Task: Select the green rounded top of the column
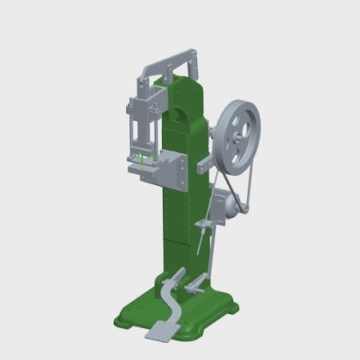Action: click(187, 86)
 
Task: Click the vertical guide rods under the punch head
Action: click(136, 137)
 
